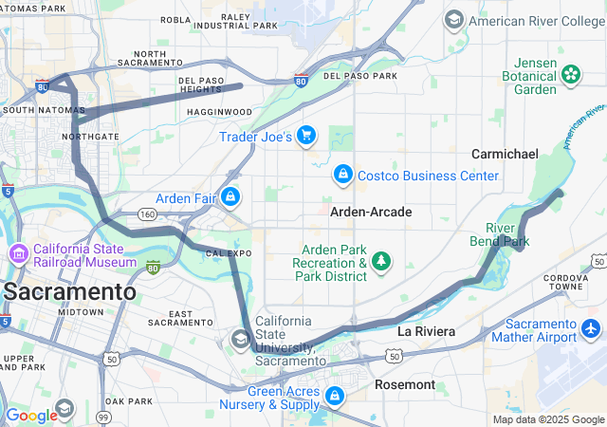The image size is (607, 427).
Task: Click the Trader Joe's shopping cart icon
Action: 305,136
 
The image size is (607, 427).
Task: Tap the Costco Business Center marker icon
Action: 342,175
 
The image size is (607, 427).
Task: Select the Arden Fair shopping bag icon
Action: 230,197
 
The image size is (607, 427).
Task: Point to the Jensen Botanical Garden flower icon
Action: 571,74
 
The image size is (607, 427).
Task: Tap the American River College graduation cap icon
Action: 454,20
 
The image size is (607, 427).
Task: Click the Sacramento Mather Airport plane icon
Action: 592,328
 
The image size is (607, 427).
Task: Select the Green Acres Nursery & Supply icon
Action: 335,396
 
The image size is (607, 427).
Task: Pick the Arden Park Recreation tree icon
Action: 381,260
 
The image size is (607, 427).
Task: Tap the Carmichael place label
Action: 506,154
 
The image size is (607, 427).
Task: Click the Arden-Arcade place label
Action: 371,212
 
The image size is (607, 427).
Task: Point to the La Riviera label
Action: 426,331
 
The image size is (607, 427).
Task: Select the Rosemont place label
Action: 405,385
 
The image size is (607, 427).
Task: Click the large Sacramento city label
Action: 68,291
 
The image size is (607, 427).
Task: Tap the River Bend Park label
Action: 500,234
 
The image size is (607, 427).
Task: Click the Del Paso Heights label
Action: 200,85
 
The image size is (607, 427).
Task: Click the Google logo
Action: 31,416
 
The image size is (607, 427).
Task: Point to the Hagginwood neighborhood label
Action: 219,112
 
